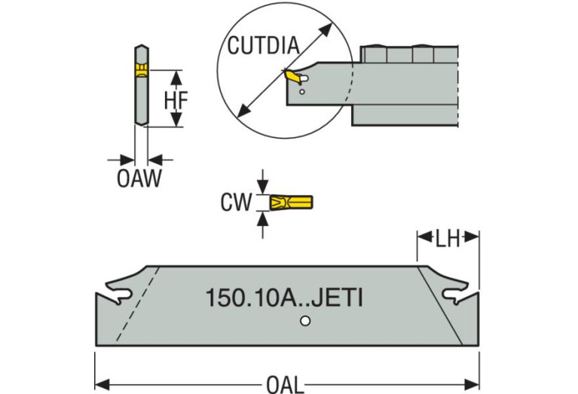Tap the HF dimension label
[176, 99]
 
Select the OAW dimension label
[139, 180]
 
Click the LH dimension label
[448, 239]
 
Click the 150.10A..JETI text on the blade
[284, 298]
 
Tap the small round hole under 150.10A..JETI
[304, 322]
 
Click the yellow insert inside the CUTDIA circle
[291, 77]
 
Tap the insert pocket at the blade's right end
[454, 294]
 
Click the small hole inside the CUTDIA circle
[302, 92]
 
